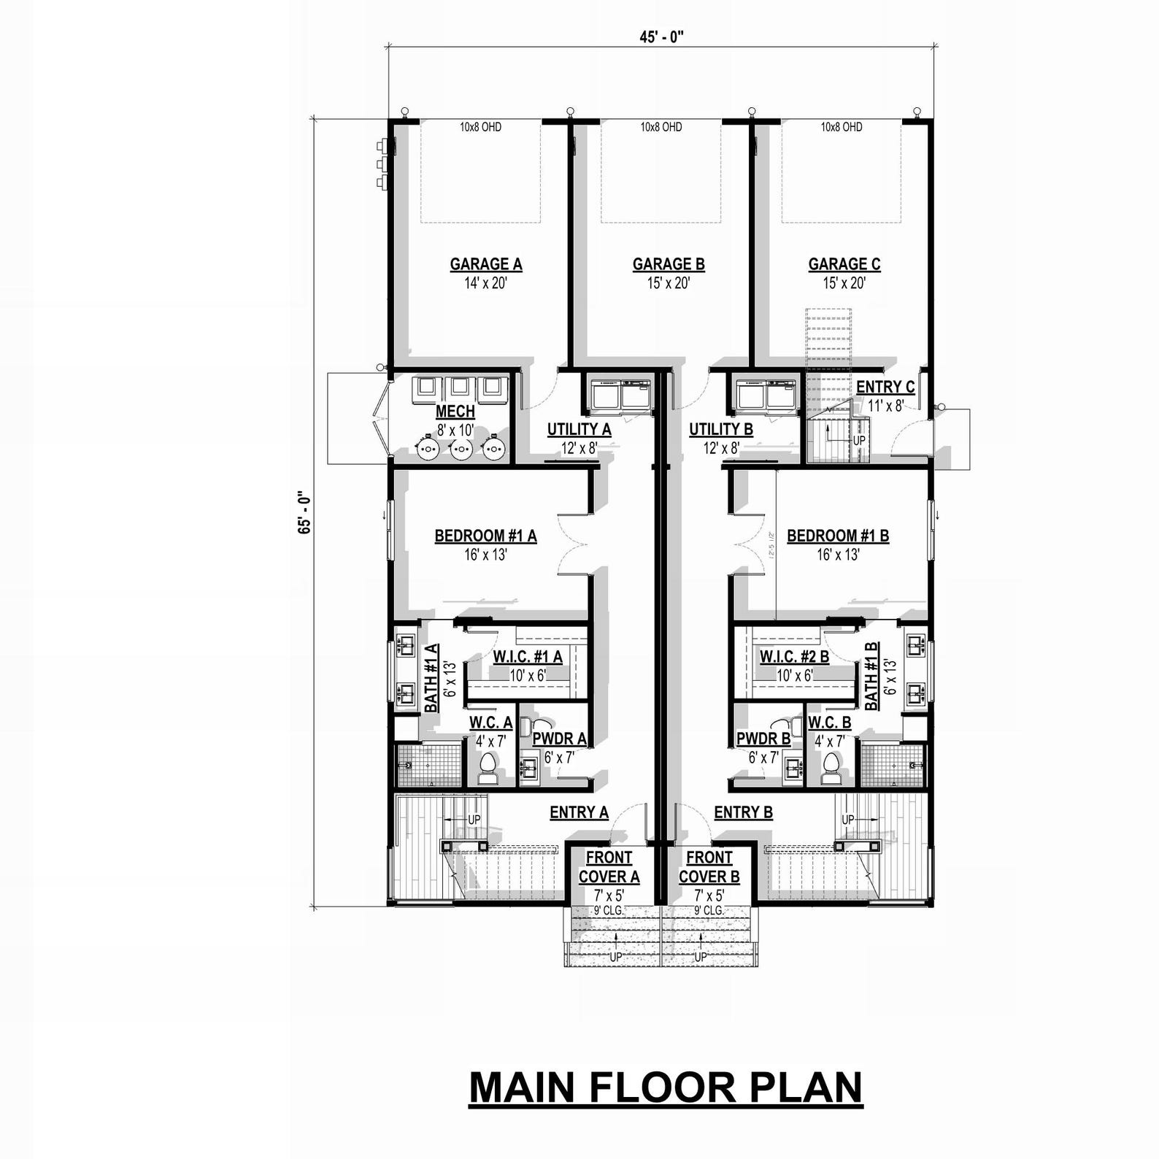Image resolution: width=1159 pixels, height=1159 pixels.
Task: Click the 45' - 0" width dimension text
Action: pyautogui.click(x=661, y=37)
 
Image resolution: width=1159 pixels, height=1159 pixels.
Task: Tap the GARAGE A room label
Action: pyautogui.click(x=485, y=264)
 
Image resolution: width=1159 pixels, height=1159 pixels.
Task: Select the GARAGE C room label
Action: pyautogui.click(x=844, y=264)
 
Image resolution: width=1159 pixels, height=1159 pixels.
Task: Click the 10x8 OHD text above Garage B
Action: pyautogui.click(x=661, y=127)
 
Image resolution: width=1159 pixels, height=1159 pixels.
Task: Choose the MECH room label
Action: pyautogui.click(x=455, y=412)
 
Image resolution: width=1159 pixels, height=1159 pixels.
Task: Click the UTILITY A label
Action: pyautogui.click(x=579, y=430)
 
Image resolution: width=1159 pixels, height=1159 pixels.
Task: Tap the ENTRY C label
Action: pyautogui.click(x=885, y=387)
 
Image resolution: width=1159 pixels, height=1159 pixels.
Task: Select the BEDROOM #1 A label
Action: pyautogui.click(x=485, y=536)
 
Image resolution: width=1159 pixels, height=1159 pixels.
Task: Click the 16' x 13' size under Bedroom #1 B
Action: pyautogui.click(x=838, y=555)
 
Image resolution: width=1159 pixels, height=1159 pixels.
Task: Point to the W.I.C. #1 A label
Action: pyautogui.click(x=527, y=657)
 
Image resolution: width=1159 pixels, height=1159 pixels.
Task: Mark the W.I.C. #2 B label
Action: pyautogui.click(x=794, y=657)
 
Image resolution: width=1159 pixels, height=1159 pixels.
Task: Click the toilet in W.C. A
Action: pyautogui.click(x=487, y=768)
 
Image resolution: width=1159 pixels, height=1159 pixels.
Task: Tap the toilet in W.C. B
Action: pyautogui.click(x=831, y=768)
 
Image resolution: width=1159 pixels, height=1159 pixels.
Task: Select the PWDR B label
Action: pyautogui.click(x=763, y=739)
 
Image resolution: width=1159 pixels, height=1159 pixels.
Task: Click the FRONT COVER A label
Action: pyautogui.click(x=609, y=867)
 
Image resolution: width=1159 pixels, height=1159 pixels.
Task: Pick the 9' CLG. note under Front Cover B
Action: pyautogui.click(x=709, y=910)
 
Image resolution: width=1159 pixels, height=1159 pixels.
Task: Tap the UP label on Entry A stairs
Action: pyautogui.click(x=474, y=820)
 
